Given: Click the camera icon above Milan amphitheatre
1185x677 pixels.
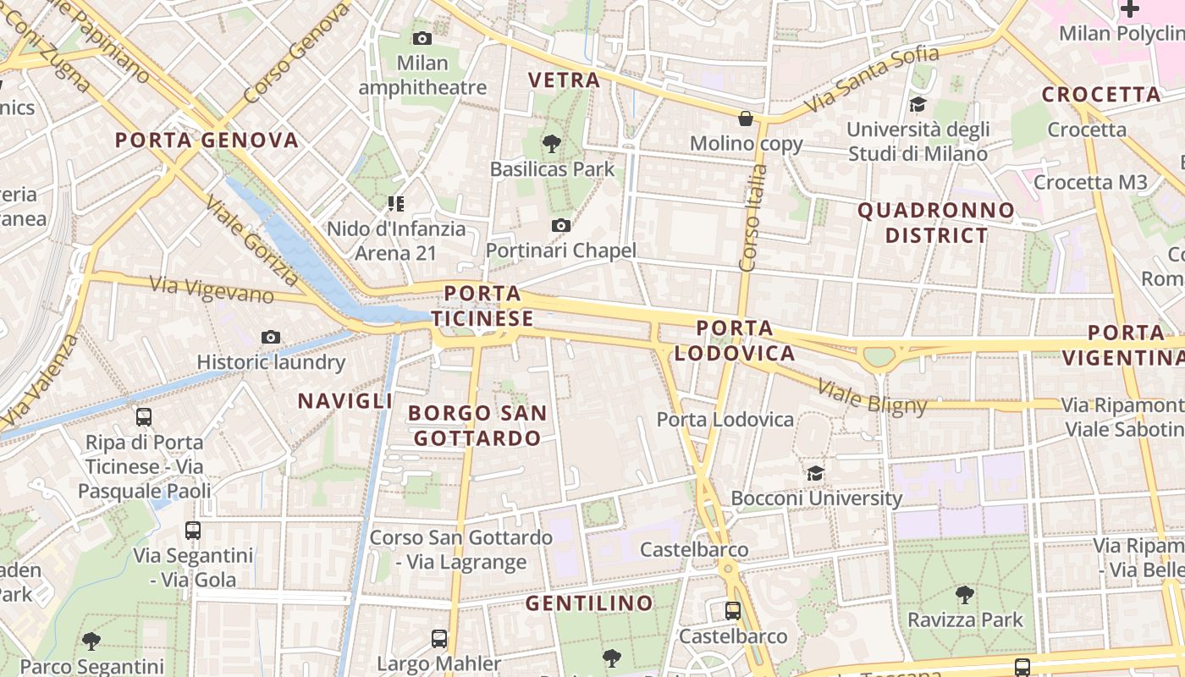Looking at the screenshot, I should (x=422, y=38).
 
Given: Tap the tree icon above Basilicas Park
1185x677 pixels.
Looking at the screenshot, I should (x=552, y=144).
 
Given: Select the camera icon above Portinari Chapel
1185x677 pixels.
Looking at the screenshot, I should (x=560, y=225).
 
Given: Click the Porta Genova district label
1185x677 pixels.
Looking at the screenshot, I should (x=207, y=140).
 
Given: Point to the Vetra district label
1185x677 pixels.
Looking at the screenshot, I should (x=564, y=80).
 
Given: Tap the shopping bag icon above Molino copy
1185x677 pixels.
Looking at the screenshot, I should (x=746, y=118).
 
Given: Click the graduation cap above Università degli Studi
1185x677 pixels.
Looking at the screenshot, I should (x=918, y=105).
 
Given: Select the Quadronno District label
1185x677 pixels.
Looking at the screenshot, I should (x=936, y=223).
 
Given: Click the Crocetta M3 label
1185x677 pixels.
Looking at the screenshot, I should (x=1090, y=182).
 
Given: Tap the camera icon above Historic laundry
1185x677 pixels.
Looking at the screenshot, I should (x=271, y=337).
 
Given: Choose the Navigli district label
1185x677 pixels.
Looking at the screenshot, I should (x=344, y=401).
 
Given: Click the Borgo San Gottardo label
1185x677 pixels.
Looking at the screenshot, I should (x=477, y=426).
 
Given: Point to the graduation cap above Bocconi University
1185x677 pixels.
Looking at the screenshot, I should (x=815, y=473).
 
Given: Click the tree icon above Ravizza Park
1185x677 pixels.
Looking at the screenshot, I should (x=964, y=594).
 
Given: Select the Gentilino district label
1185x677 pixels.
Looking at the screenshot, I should (x=589, y=603).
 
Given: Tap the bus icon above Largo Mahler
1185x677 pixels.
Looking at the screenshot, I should (x=438, y=638).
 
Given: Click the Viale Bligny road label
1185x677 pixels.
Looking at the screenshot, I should (x=872, y=399).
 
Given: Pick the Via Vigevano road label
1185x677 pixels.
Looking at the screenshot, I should (x=212, y=289).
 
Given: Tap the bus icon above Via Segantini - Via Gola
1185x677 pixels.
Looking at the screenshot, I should (x=193, y=531).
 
